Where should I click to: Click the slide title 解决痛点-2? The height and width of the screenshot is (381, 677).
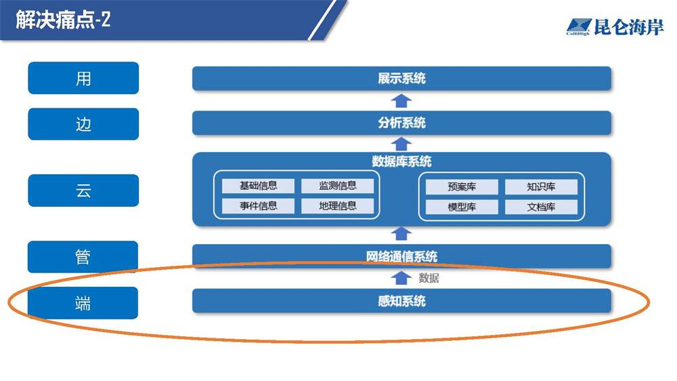click(63, 20)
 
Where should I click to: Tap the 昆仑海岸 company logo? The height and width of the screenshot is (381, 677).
click(615, 27)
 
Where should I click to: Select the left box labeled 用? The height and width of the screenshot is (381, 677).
click(83, 78)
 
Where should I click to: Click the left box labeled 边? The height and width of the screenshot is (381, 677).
click(83, 124)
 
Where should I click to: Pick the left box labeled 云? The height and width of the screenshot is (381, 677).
click(83, 190)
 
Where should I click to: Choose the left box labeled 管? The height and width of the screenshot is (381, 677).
click(83, 257)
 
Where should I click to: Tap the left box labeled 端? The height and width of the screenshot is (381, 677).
click(83, 303)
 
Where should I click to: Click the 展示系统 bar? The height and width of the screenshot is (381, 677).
click(401, 78)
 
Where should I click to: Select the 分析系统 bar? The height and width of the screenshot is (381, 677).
click(401, 123)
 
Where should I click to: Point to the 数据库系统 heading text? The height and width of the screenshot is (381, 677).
click(401, 162)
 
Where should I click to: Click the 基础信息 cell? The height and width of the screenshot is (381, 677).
click(258, 186)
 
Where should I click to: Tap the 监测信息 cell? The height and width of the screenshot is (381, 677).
click(338, 186)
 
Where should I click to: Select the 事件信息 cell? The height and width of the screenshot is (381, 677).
click(258, 206)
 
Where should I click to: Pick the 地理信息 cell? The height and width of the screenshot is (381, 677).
click(338, 206)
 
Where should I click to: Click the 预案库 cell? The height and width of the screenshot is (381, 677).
click(462, 187)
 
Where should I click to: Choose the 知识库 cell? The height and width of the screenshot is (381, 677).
click(541, 187)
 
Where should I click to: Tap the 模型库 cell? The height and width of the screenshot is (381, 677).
click(462, 207)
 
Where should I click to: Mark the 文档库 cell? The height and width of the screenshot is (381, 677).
click(541, 207)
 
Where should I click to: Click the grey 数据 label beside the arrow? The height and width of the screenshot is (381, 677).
click(429, 278)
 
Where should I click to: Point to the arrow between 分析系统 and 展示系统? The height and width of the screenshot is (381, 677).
click(401, 101)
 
